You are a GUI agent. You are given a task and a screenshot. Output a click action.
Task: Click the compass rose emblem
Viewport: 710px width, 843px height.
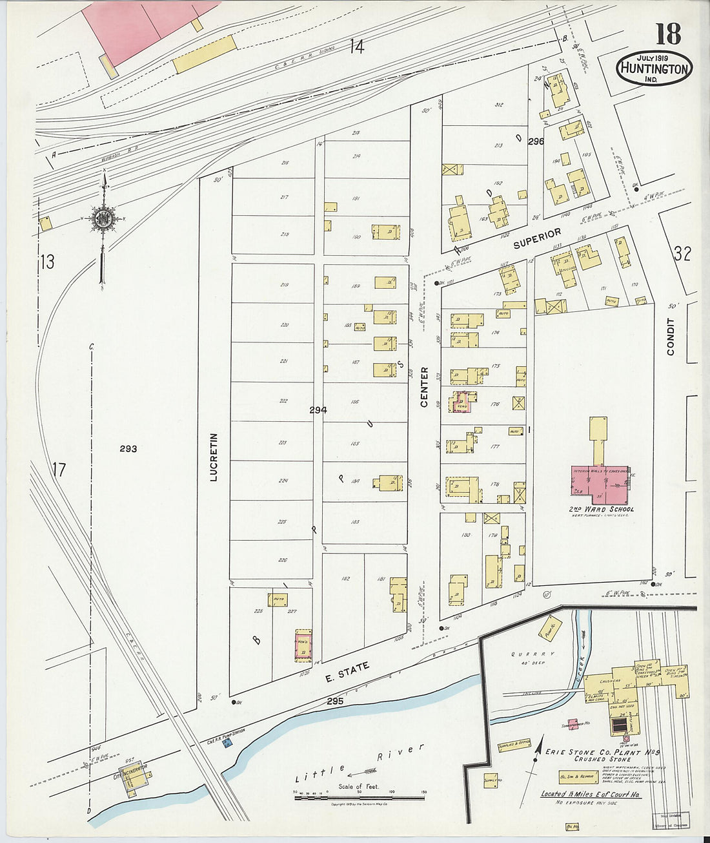point(102,219)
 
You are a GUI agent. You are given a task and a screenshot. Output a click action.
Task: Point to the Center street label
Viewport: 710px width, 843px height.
point(424,387)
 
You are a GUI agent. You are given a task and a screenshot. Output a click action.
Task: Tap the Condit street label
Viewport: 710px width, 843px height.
point(671,336)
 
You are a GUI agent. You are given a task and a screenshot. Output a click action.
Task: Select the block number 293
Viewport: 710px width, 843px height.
point(128,448)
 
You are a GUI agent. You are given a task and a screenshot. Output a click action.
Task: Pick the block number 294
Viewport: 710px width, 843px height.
point(318,410)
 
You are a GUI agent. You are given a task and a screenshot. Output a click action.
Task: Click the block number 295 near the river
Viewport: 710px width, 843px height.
point(335,701)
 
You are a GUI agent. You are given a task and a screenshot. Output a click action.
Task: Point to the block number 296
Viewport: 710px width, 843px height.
point(535,141)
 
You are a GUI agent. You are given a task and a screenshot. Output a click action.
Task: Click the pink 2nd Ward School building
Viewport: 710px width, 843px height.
point(598,484)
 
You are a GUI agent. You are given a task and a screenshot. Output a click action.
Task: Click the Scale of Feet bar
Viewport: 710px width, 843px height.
point(359,798)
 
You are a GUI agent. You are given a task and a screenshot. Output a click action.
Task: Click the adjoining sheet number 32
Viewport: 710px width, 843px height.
point(682,254)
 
